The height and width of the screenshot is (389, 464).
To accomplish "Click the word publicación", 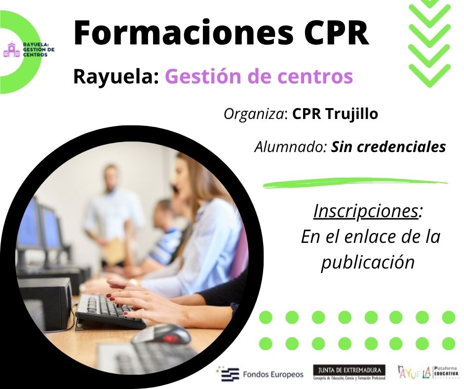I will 368,262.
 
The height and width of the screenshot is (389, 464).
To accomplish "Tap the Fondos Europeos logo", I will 262,374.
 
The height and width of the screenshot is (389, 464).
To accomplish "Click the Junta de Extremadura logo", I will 349,373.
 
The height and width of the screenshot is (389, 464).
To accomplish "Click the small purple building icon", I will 10,49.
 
